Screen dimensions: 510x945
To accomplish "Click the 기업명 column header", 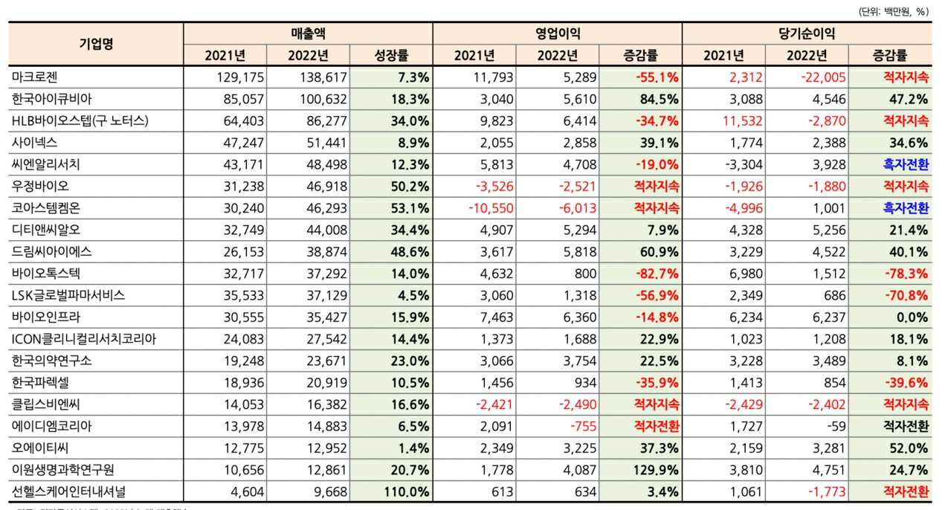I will pyautogui.click(x=96, y=44).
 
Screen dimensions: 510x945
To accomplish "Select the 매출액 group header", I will pyautogui.click(x=308, y=33).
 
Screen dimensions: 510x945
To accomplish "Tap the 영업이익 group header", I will pyautogui.click(x=558, y=33).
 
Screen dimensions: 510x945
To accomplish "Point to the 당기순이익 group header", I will pyautogui.click(x=807, y=33).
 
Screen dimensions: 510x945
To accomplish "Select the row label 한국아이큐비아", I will pyautogui.click(x=52, y=98).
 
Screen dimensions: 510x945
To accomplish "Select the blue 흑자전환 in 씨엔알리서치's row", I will pyautogui.click(x=906, y=164).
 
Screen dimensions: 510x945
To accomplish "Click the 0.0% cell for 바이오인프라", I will pyautogui.click(x=912, y=317).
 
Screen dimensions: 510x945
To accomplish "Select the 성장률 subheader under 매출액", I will pyautogui.click(x=391, y=55).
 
